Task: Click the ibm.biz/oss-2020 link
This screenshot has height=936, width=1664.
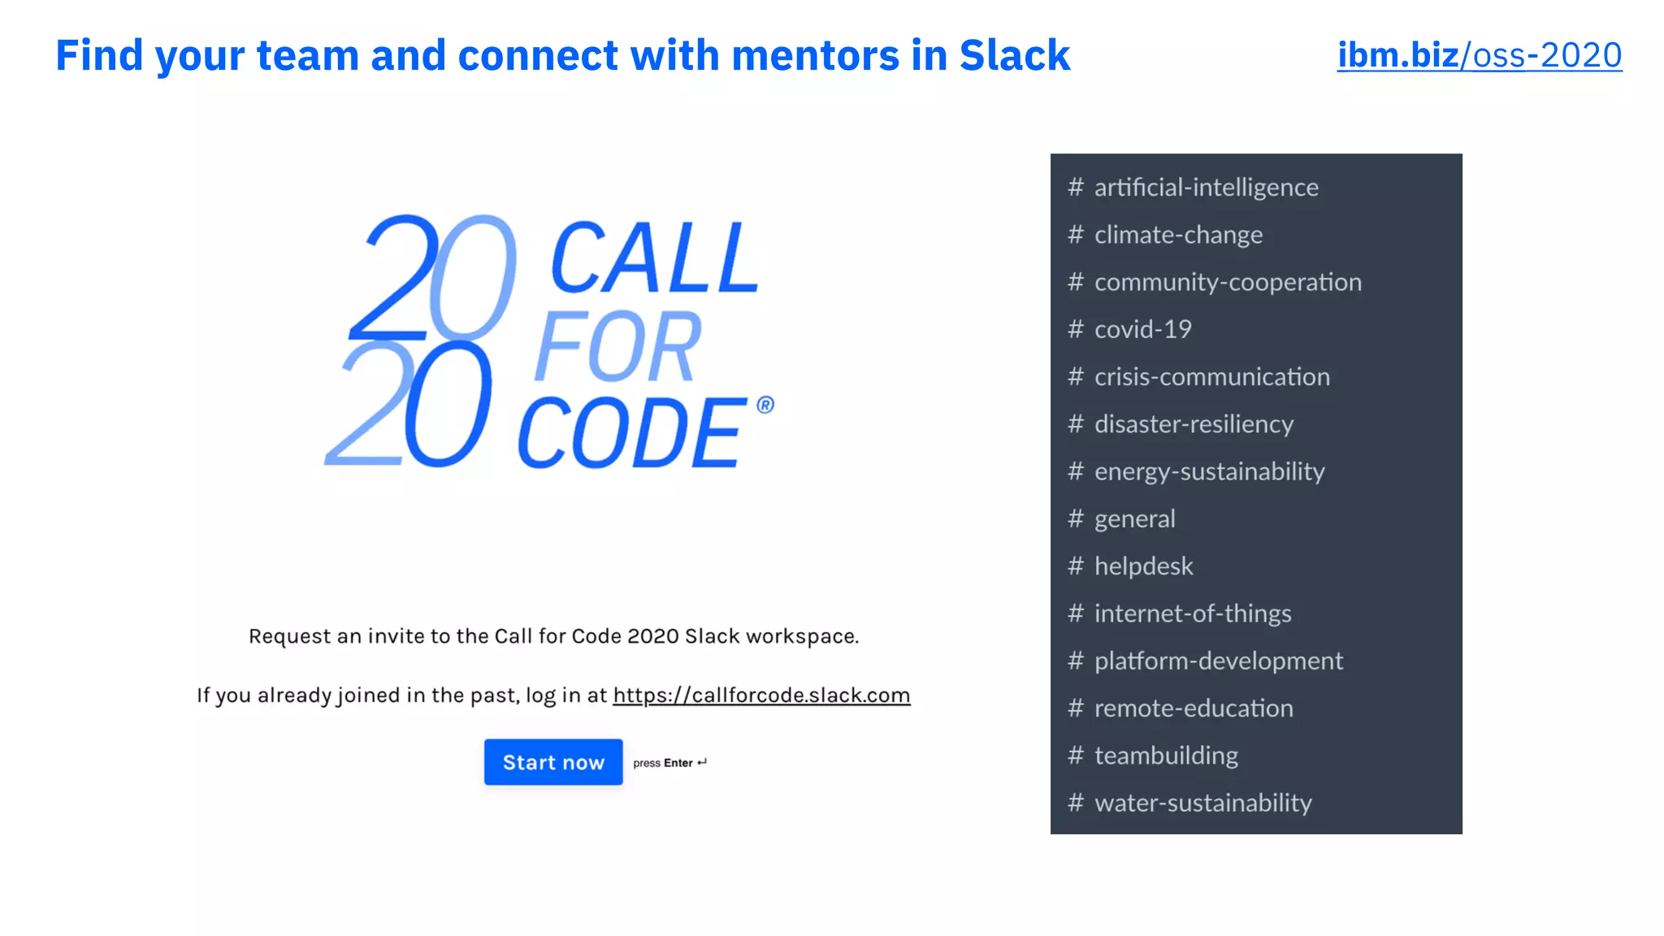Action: point(1479,55)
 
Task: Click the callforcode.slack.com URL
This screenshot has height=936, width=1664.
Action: point(761,695)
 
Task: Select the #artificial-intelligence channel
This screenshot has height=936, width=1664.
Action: point(1206,188)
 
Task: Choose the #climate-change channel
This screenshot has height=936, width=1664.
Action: point(1178,235)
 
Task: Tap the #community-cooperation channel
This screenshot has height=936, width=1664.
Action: point(1227,282)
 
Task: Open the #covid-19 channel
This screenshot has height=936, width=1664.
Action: point(1142,329)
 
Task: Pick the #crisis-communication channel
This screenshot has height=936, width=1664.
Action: point(1211,377)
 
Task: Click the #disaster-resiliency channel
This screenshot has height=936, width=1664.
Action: point(1194,424)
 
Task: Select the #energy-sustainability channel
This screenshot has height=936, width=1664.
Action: point(1209,471)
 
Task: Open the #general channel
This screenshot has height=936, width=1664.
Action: point(1134,518)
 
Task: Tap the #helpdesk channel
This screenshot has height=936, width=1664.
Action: point(1143,566)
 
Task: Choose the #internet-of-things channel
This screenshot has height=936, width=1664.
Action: point(1192,613)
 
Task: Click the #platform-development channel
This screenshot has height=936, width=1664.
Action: point(1218,661)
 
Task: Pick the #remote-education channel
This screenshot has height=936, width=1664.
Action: point(1194,708)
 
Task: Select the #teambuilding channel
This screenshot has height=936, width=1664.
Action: point(1166,756)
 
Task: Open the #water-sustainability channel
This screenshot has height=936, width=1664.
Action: point(1202,803)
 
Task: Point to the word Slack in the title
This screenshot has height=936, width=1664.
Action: point(1014,55)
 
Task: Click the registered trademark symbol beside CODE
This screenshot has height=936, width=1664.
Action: point(765,405)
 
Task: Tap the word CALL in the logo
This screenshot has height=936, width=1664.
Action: point(655,258)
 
